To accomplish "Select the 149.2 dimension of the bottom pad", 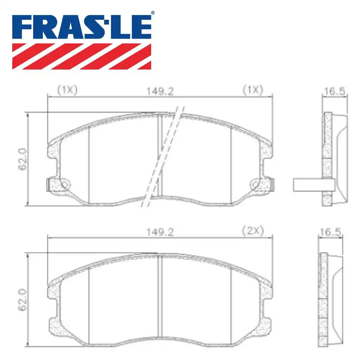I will click(x=160, y=232).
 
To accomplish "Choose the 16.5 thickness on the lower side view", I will click(x=329, y=232).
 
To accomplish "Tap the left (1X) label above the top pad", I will click(x=67, y=90).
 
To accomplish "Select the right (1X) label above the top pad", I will click(x=253, y=90).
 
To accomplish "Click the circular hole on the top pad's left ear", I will click(x=64, y=185).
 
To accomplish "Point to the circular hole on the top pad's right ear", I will click(x=256, y=185).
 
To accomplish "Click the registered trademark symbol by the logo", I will click(x=152, y=13).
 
